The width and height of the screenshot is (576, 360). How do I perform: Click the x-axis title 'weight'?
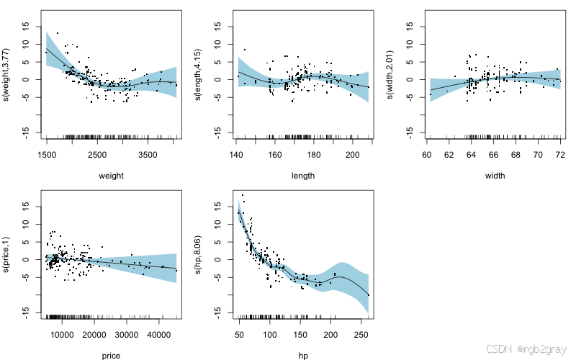(112, 175)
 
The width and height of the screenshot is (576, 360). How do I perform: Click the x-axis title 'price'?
(112, 355)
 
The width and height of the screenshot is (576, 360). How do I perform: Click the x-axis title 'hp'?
(303, 355)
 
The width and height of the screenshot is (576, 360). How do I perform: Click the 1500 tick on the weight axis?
(47, 155)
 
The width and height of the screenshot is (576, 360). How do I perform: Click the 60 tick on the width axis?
(427, 155)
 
